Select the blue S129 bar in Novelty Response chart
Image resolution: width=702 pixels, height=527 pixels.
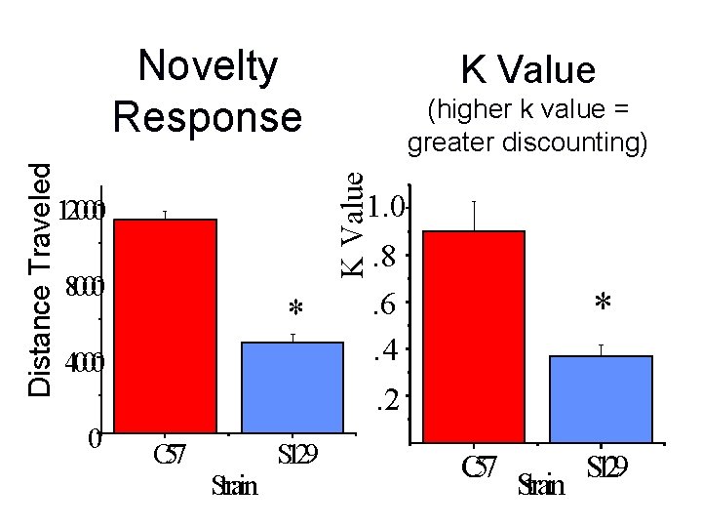[x=292, y=386]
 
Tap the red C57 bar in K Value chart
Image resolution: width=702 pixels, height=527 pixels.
[x=474, y=337]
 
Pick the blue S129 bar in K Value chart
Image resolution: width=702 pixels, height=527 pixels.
[x=601, y=399]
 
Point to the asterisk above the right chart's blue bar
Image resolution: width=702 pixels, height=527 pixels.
[x=603, y=304]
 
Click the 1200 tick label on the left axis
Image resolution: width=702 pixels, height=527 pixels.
[x=82, y=211]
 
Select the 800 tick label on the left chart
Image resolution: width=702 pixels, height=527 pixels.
[x=82, y=288]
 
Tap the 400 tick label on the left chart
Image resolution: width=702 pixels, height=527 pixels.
[x=82, y=363]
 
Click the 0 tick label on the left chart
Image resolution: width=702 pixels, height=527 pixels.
[x=93, y=438]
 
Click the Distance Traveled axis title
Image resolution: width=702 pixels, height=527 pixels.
[x=40, y=279]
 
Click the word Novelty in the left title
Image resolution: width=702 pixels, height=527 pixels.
[x=208, y=68]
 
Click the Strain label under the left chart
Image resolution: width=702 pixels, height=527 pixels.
[x=235, y=485]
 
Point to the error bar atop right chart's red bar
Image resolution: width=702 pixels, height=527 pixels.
[x=474, y=216]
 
